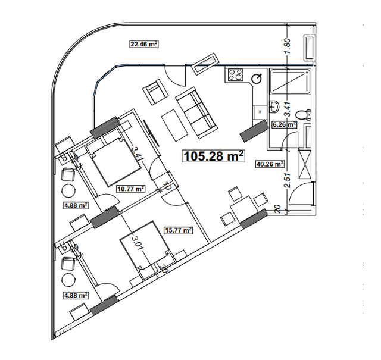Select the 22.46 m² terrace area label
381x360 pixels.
[x=143, y=43]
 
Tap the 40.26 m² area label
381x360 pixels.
[x=269, y=165]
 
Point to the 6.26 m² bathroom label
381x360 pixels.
[x=284, y=125]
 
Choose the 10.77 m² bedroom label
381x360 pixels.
[x=131, y=189]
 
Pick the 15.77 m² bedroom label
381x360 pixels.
[x=179, y=230]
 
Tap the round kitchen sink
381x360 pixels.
[x=258, y=78]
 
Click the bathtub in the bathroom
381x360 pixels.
[x=290, y=82]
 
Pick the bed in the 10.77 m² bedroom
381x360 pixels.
[x=110, y=161]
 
